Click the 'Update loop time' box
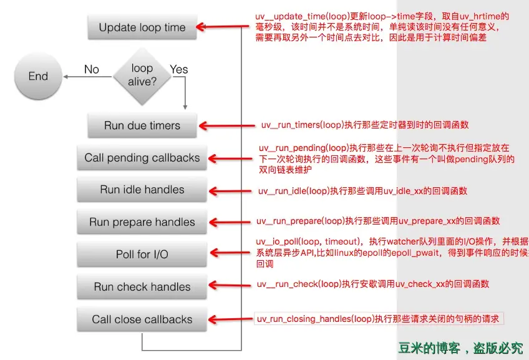(142, 27)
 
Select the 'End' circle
(39, 76)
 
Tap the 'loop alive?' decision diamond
(142, 75)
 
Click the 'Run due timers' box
(142, 125)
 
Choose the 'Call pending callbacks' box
(142, 158)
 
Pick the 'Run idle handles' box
(142, 190)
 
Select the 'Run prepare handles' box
(142, 222)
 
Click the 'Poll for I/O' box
(142, 255)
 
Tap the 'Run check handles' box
(142, 287)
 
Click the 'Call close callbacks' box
(142, 319)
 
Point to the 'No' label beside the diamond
(92, 69)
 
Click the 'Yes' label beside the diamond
(179, 69)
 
